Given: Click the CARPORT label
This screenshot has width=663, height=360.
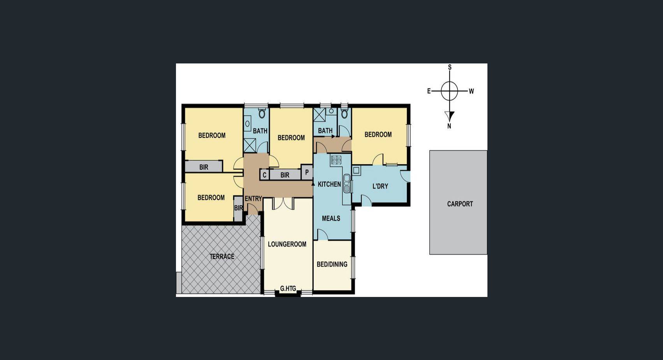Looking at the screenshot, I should tap(460, 204).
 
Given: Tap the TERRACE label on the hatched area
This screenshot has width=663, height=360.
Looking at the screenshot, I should tap(222, 256).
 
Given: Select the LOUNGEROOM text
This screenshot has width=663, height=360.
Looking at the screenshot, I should tap(287, 244).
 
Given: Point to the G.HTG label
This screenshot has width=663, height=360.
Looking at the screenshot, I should tap(288, 289).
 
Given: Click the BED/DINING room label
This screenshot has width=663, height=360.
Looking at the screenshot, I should tap(332, 264).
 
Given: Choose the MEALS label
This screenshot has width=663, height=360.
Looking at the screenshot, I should tap(331, 218).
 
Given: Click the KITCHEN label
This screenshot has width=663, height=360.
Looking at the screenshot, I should tap(329, 184).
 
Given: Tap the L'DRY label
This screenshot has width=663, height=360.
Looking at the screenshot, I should tap(380, 186).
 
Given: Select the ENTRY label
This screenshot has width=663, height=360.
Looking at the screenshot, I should tap(253, 198).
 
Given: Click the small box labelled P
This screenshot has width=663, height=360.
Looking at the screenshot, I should tap(307, 172).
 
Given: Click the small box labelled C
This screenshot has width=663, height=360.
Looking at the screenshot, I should tap(264, 175).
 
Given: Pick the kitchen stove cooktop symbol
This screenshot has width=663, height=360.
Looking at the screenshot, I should tap(336, 159).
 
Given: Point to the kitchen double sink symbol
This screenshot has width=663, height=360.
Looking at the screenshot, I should tap(347, 183).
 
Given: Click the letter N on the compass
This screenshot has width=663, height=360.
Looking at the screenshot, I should tap(449, 126).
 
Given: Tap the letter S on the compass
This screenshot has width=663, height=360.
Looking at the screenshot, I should tap(450, 67).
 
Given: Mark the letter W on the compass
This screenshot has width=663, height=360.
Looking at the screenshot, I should tap(471, 91).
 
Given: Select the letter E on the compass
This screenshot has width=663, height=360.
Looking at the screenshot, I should tap(429, 91).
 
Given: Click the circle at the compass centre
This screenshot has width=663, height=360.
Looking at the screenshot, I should tap(450, 91).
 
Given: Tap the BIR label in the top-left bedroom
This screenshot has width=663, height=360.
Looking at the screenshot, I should tap(204, 167).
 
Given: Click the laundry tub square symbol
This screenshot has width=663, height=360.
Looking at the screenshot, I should tap(357, 170).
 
